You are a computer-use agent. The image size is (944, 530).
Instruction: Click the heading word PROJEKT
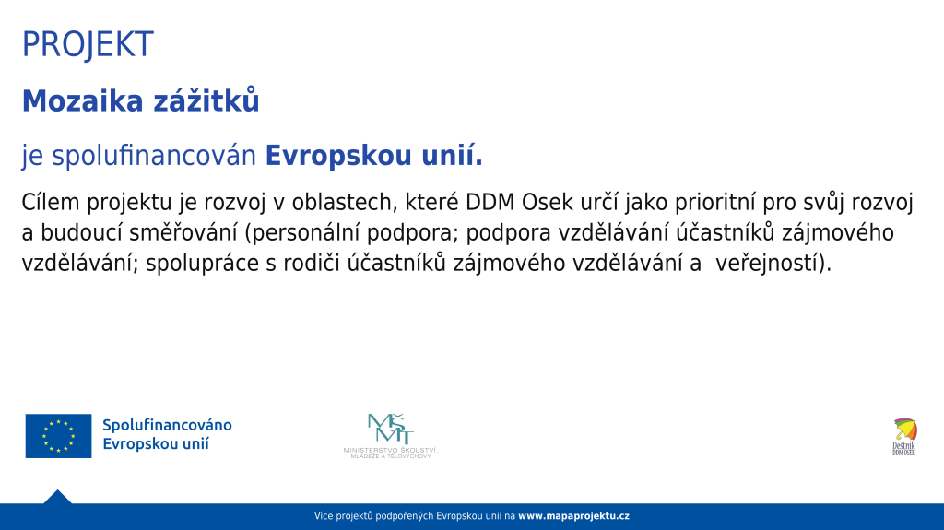pyautogui.click(x=88, y=44)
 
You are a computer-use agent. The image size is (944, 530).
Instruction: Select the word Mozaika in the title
pyautogui.click(x=82, y=100)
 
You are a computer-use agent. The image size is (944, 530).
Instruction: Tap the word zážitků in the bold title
pyautogui.click(x=206, y=100)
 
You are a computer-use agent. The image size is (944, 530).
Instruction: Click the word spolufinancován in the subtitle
pyautogui.click(x=154, y=156)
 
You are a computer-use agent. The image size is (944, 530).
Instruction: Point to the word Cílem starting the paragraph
pyautogui.click(x=51, y=203)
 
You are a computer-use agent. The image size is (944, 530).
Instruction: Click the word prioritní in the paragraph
pyautogui.click(x=715, y=204)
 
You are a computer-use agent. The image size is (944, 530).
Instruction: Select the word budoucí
pyautogui.click(x=82, y=232)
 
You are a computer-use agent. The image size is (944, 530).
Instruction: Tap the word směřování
pyautogui.click(x=183, y=232)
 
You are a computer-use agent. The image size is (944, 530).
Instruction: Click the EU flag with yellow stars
pyautogui.click(x=58, y=435)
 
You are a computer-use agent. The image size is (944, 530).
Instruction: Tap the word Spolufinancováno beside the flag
pyautogui.click(x=168, y=425)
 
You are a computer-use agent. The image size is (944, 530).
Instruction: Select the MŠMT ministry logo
pyautogui.click(x=391, y=436)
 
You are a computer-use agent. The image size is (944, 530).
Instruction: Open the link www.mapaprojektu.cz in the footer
pyautogui.click(x=573, y=516)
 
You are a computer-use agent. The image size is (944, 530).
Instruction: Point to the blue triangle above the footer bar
pyautogui.click(x=57, y=497)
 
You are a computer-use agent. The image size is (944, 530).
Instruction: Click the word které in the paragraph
pyautogui.click(x=431, y=203)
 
